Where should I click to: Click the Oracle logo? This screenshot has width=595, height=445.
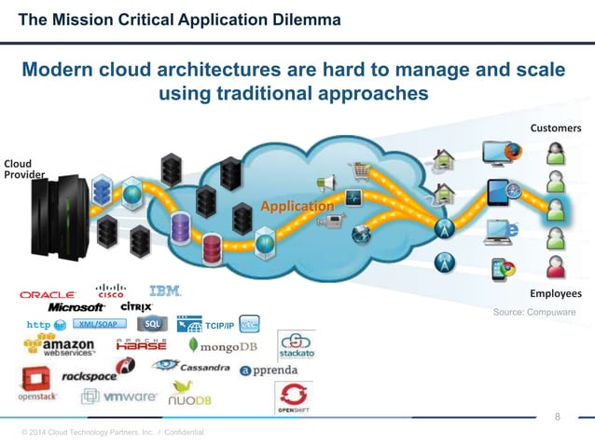tap(48, 294)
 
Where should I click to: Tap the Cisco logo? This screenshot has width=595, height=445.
tap(110, 290)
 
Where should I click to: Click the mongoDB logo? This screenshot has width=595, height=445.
tap(222, 346)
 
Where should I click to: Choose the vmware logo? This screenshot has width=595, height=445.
tap(118, 396)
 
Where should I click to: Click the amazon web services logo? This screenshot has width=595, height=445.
tap(57, 348)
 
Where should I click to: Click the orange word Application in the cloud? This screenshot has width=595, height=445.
tap(297, 206)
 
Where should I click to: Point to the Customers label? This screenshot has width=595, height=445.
tap(556, 128)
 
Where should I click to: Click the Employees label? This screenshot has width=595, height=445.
tap(555, 293)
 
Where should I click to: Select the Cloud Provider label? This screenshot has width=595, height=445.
tap(19, 169)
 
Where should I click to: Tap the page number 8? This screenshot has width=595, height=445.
tap(558, 416)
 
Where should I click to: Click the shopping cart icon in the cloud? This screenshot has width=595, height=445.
tap(358, 172)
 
